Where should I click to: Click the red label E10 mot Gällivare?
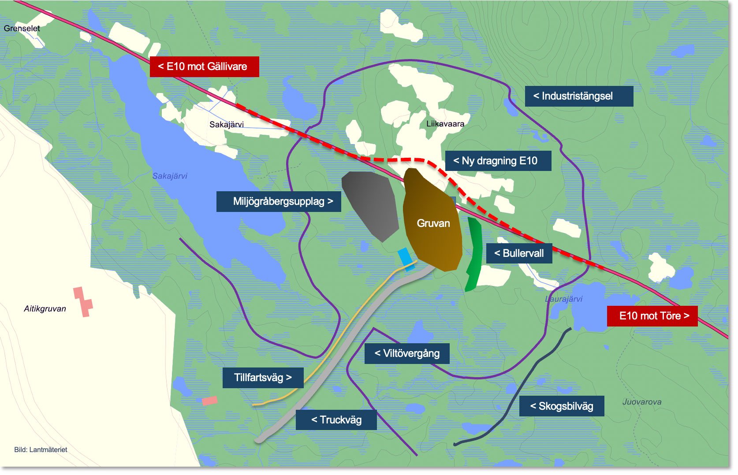(204, 67)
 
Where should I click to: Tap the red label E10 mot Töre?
(652, 316)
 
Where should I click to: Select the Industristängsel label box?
(578, 96)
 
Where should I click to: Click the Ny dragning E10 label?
(498, 161)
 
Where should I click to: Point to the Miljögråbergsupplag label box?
(279, 201)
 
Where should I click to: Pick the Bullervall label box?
(519, 253)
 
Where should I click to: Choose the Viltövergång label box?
(406, 353)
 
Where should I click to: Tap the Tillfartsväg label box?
(263, 378)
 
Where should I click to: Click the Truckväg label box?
(336, 420)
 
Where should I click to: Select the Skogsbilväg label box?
(561, 406)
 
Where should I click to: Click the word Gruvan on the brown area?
(433, 223)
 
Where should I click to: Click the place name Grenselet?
(22, 29)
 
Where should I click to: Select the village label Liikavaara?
(445, 124)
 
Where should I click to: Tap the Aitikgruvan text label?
(45, 309)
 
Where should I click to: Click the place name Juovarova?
(641, 402)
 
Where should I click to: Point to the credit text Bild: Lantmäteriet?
(41, 450)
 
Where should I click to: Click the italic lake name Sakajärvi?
(170, 176)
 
